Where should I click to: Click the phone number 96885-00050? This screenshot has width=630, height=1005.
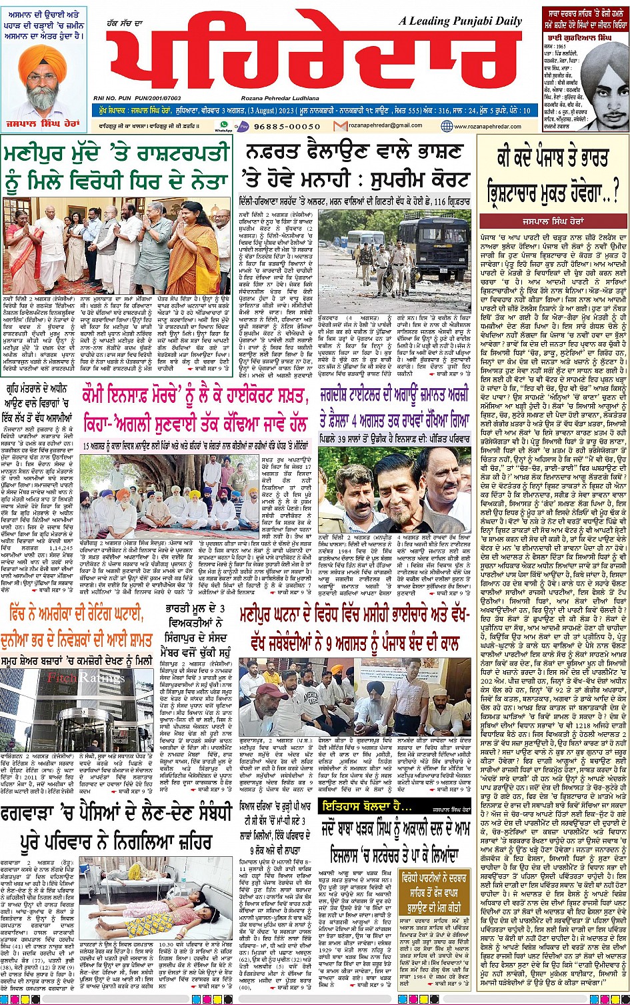click(287, 126)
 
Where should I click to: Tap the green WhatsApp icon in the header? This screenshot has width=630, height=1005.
click(224, 124)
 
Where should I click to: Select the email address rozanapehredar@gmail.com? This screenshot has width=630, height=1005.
click(387, 125)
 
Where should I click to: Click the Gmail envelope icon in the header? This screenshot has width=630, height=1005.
click(340, 125)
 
